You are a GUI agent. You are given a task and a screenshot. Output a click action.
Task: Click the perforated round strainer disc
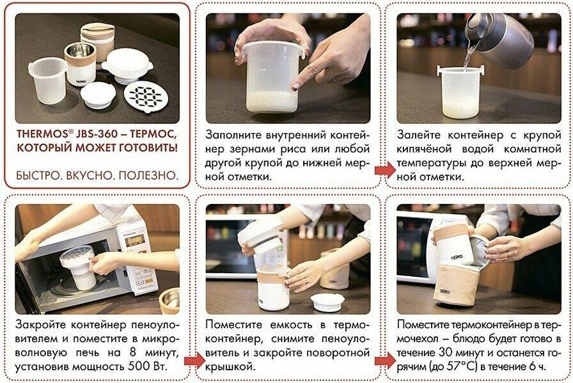click(x=146, y=97)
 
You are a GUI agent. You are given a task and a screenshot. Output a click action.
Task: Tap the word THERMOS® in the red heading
click(x=42, y=134)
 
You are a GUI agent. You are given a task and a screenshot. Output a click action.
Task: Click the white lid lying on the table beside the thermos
click(x=327, y=302)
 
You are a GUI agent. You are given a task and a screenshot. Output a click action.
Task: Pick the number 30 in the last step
click(x=446, y=353)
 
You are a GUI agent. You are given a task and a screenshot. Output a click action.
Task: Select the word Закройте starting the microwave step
click(x=40, y=325)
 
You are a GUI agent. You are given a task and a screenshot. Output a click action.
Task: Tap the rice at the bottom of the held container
click(x=270, y=102)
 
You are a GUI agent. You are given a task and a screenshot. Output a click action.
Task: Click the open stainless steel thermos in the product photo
click(x=81, y=63)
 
